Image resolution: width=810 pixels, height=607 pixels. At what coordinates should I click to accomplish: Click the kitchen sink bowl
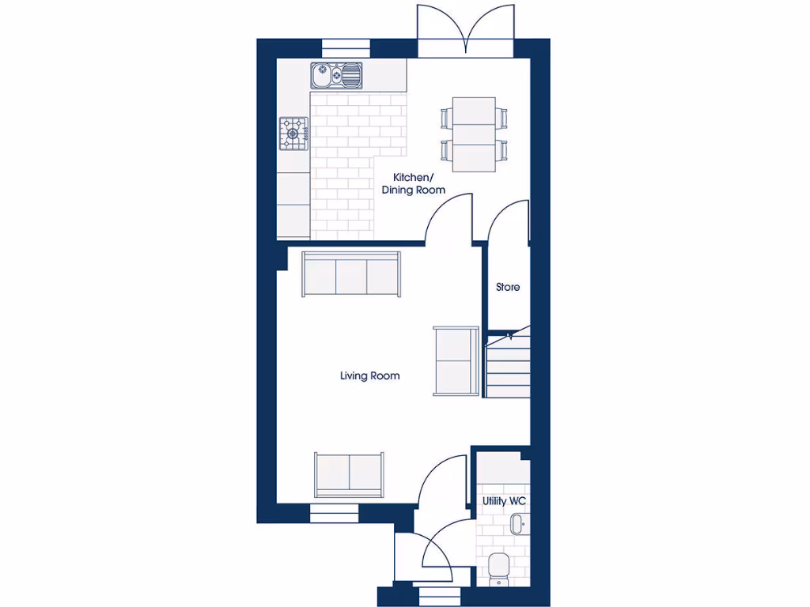(x=324, y=76)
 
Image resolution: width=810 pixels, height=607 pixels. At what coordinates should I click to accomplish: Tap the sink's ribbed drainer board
(x=351, y=76)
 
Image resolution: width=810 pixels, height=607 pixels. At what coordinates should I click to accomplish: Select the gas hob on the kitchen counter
(x=293, y=133)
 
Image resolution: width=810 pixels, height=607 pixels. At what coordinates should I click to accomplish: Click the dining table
(x=474, y=134)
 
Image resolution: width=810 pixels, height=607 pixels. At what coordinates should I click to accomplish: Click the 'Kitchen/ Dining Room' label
(x=413, y=184)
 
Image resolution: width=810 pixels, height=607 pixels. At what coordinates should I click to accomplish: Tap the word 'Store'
(x=508, y=287)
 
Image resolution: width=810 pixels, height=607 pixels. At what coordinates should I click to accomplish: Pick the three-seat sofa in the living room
(x=352, y=273)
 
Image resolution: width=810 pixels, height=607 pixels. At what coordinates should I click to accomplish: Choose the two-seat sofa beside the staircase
(x=456, y=360)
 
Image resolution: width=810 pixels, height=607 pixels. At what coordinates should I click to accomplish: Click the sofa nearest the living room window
(x=349, y=474)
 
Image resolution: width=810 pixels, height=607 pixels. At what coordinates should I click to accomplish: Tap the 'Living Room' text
(x=369, y=376)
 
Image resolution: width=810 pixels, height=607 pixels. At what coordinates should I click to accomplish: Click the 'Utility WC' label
(x=505, y=501)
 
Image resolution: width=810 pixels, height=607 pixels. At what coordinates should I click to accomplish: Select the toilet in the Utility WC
(x=498, y=567)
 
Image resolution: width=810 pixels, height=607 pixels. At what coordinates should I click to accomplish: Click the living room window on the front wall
(x=335, y=515)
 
